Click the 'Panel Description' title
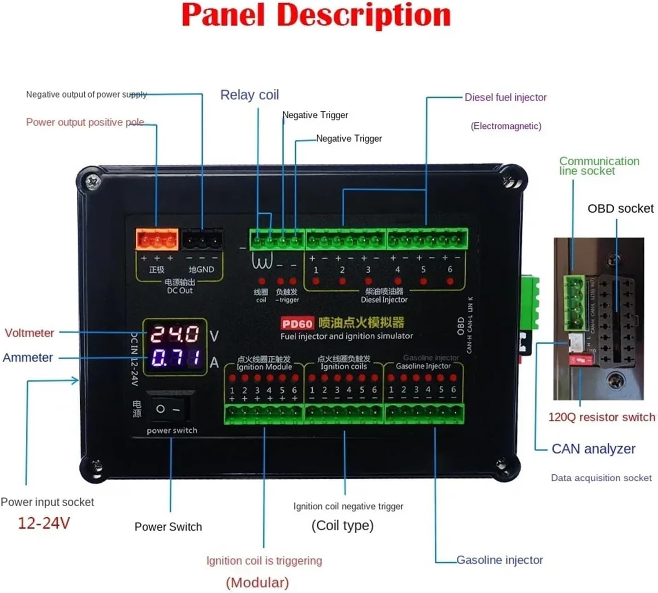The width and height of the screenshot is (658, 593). click(x=316, y=16)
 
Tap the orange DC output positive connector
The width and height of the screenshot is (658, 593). click(x=157, y=240)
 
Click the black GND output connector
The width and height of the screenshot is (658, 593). click(x=202, y=240)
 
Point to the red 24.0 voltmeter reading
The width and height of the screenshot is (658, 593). click(x=175, y=334)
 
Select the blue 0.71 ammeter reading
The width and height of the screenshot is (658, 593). click(x=175, y=357)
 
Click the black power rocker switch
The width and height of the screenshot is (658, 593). click(x=169, y=408)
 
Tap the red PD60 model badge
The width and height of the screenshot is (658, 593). click(x=297, y=324)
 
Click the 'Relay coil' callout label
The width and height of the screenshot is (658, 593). click(x=250, y=95)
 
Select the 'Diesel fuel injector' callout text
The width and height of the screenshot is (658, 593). click(x=505, y=98)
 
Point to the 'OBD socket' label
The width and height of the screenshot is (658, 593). click(x=620, y=208)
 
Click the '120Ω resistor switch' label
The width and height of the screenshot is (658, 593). click(x=601, y=417)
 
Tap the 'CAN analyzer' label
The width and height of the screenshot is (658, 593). click(x=593, y=449)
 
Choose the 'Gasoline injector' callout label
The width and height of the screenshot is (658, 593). click(x=499, y=560)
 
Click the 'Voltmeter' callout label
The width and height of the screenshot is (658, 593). click(x=29, y=333)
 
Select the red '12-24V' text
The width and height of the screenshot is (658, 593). click(x=44, y=523)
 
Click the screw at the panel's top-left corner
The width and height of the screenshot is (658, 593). click(x=93, y=181)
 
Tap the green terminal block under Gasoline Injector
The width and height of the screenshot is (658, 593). click(x=424, y=414)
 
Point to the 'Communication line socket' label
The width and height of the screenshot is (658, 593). click(x=599, y=166)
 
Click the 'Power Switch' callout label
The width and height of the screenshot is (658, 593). click(x=168, y=527)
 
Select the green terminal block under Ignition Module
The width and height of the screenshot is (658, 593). click(x=264, y=414)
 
